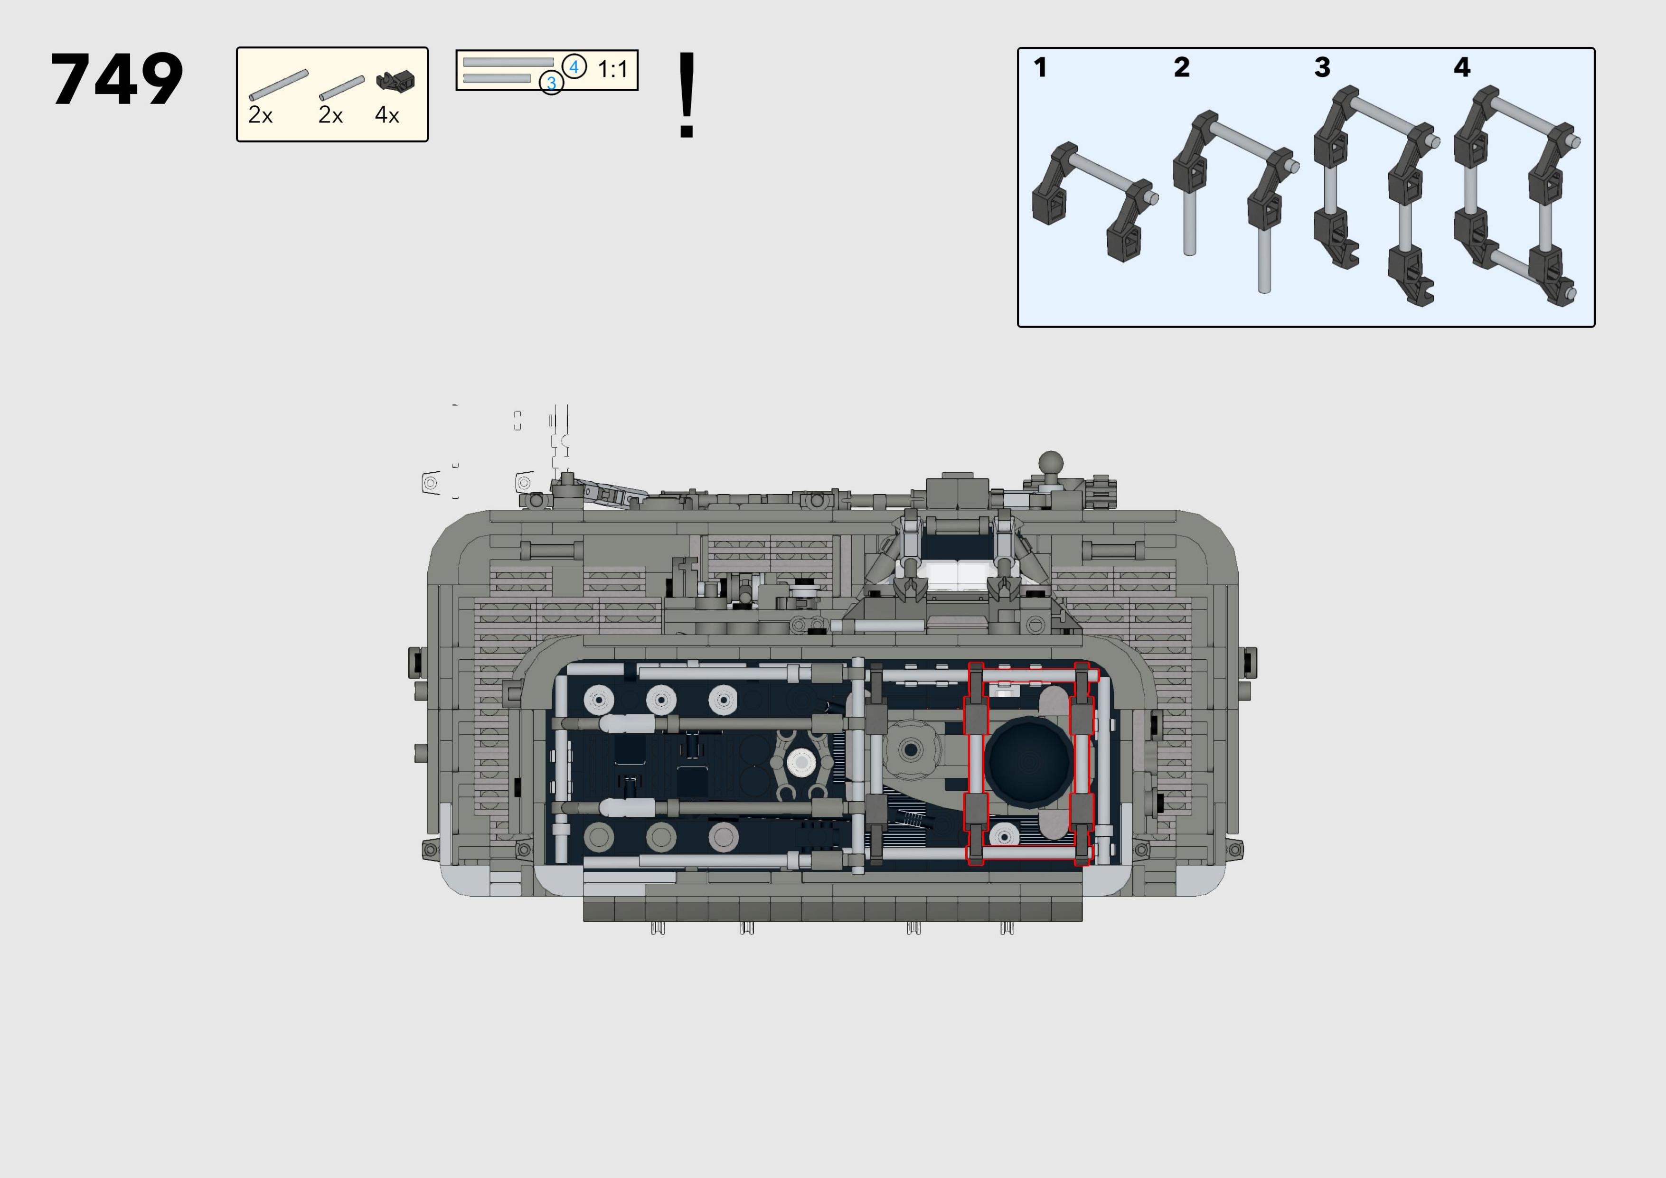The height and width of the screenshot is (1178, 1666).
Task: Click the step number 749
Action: (117, 79)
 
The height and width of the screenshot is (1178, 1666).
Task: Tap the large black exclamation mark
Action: (687, 94)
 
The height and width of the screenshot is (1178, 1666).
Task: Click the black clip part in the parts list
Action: (395, 81)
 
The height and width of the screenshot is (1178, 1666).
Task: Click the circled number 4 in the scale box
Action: (574, 67)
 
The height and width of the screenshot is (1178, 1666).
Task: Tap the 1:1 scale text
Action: (612, 70)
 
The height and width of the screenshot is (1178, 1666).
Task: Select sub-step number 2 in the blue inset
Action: (1181, 67)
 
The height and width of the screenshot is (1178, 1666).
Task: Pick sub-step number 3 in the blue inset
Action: (1322, 67)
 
